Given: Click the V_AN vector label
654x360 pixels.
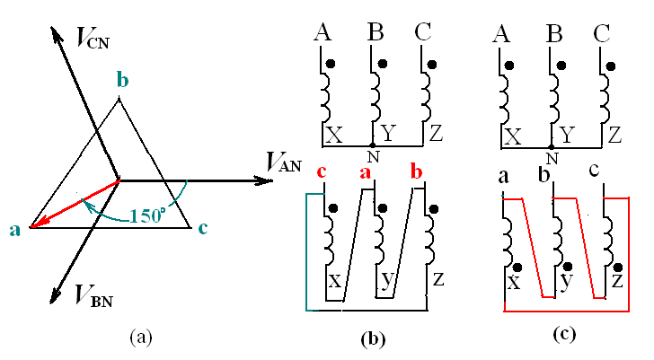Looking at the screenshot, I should click(x=285, y=162).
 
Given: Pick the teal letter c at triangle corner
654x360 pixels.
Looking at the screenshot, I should click(x=203, y=228).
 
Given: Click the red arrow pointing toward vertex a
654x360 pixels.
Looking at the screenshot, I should click(x=72, y=204).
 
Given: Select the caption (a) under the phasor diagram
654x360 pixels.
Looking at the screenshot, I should click(x=141, y=338).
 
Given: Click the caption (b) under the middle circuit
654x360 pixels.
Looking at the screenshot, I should click(x=372, y=338).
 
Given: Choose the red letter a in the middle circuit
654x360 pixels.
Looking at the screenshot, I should click(x=367, y=173).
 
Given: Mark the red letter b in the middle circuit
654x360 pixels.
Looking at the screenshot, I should click(x=416, y=173).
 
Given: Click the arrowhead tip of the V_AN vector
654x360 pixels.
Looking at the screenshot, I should click(x=270, y=180).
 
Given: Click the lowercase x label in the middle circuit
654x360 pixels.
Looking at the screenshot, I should click(x=334, y=281).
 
